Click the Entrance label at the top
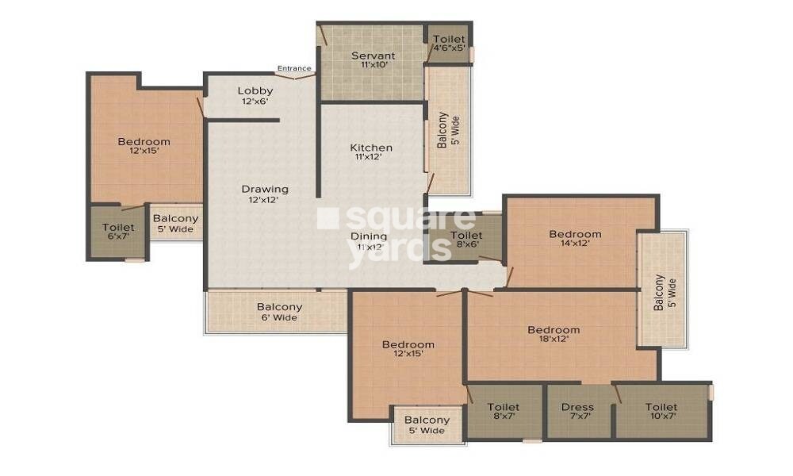point(294,68)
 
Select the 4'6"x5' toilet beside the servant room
point(449,43)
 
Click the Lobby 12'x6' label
point(255,96)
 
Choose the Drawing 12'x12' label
point(265,194)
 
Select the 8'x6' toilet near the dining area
point(465,240)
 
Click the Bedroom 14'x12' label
point(575,239)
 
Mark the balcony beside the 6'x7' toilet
point(175,224)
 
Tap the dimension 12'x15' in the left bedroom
point(144,152)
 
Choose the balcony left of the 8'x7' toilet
point(427,425)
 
